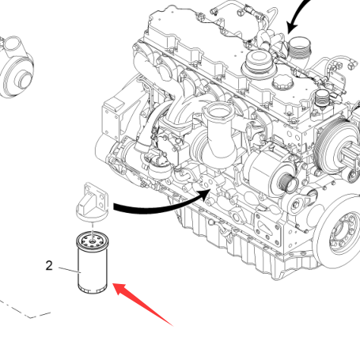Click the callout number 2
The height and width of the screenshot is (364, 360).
coord(49,266)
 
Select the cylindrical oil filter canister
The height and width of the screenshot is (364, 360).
coord(92,263)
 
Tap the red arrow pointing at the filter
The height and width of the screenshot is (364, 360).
coord(142,304)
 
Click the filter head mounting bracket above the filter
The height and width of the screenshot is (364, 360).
coord(92,203)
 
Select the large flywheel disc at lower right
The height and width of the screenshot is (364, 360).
coord(341,232)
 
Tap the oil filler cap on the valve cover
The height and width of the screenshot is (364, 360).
coord(282,82)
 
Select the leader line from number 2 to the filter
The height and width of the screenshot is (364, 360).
coord(70,270)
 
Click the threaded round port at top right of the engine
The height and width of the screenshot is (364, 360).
coord(300,47)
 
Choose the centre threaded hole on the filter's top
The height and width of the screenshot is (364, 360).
coord(92,241)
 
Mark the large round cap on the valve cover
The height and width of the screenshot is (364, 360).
coord(258,63)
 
